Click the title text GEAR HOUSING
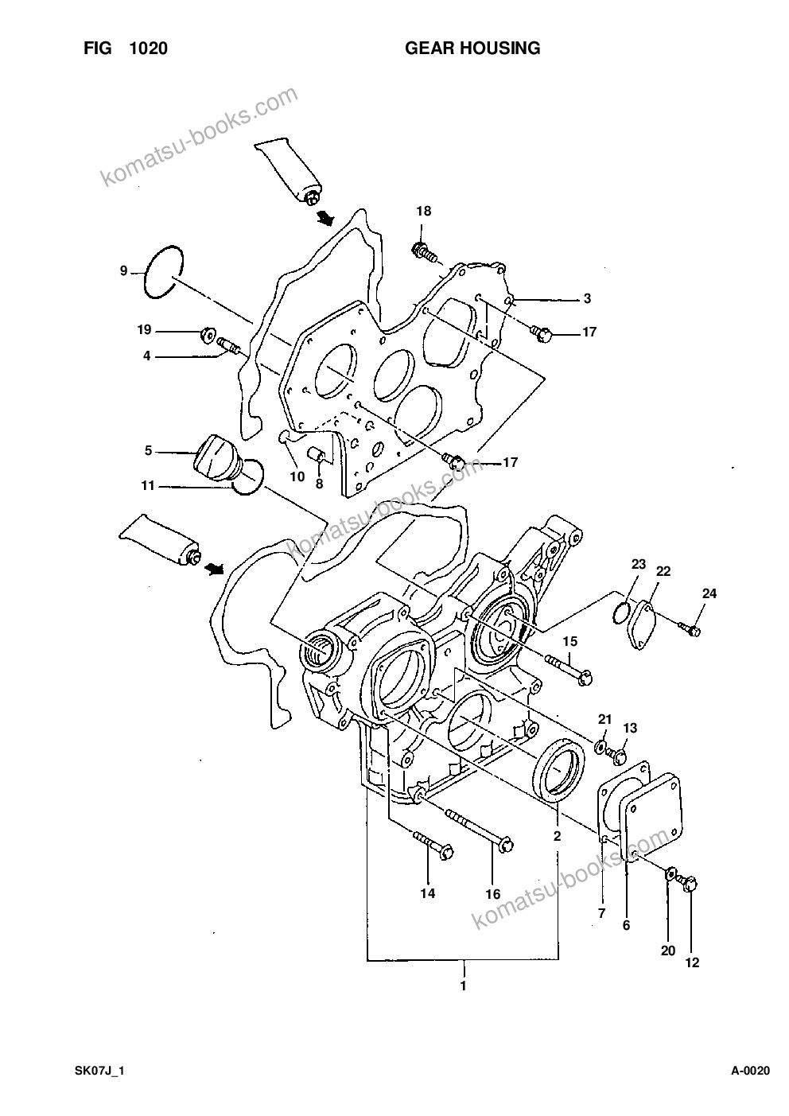[x=472, y=49]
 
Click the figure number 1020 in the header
[x=149, y=49]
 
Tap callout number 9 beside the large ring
[x=123, y=271]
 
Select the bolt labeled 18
[x=426, y=251]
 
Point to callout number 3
[x=587, y=298]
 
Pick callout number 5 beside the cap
[x=148, y=451]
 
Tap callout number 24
[x=709, y=593]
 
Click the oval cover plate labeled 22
[x=640, y=626]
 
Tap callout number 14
[x=427, y=893]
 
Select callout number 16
[x=492, y=894]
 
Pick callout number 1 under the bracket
[x=463, y=986]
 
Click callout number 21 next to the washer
[x=604, y=719]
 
